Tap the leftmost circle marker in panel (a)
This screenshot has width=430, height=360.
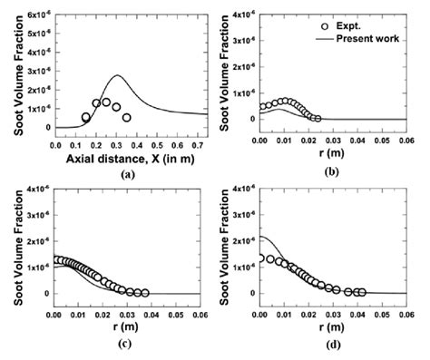(x=86, y=117)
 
